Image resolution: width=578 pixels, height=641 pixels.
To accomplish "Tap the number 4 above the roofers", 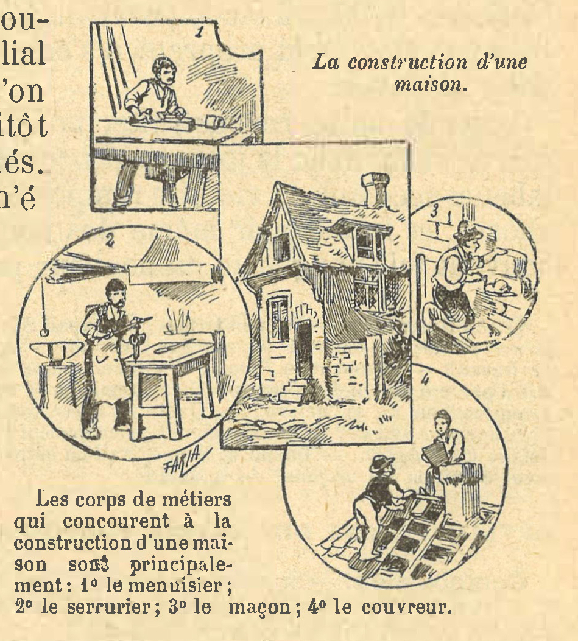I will click(x=425, y=380).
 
